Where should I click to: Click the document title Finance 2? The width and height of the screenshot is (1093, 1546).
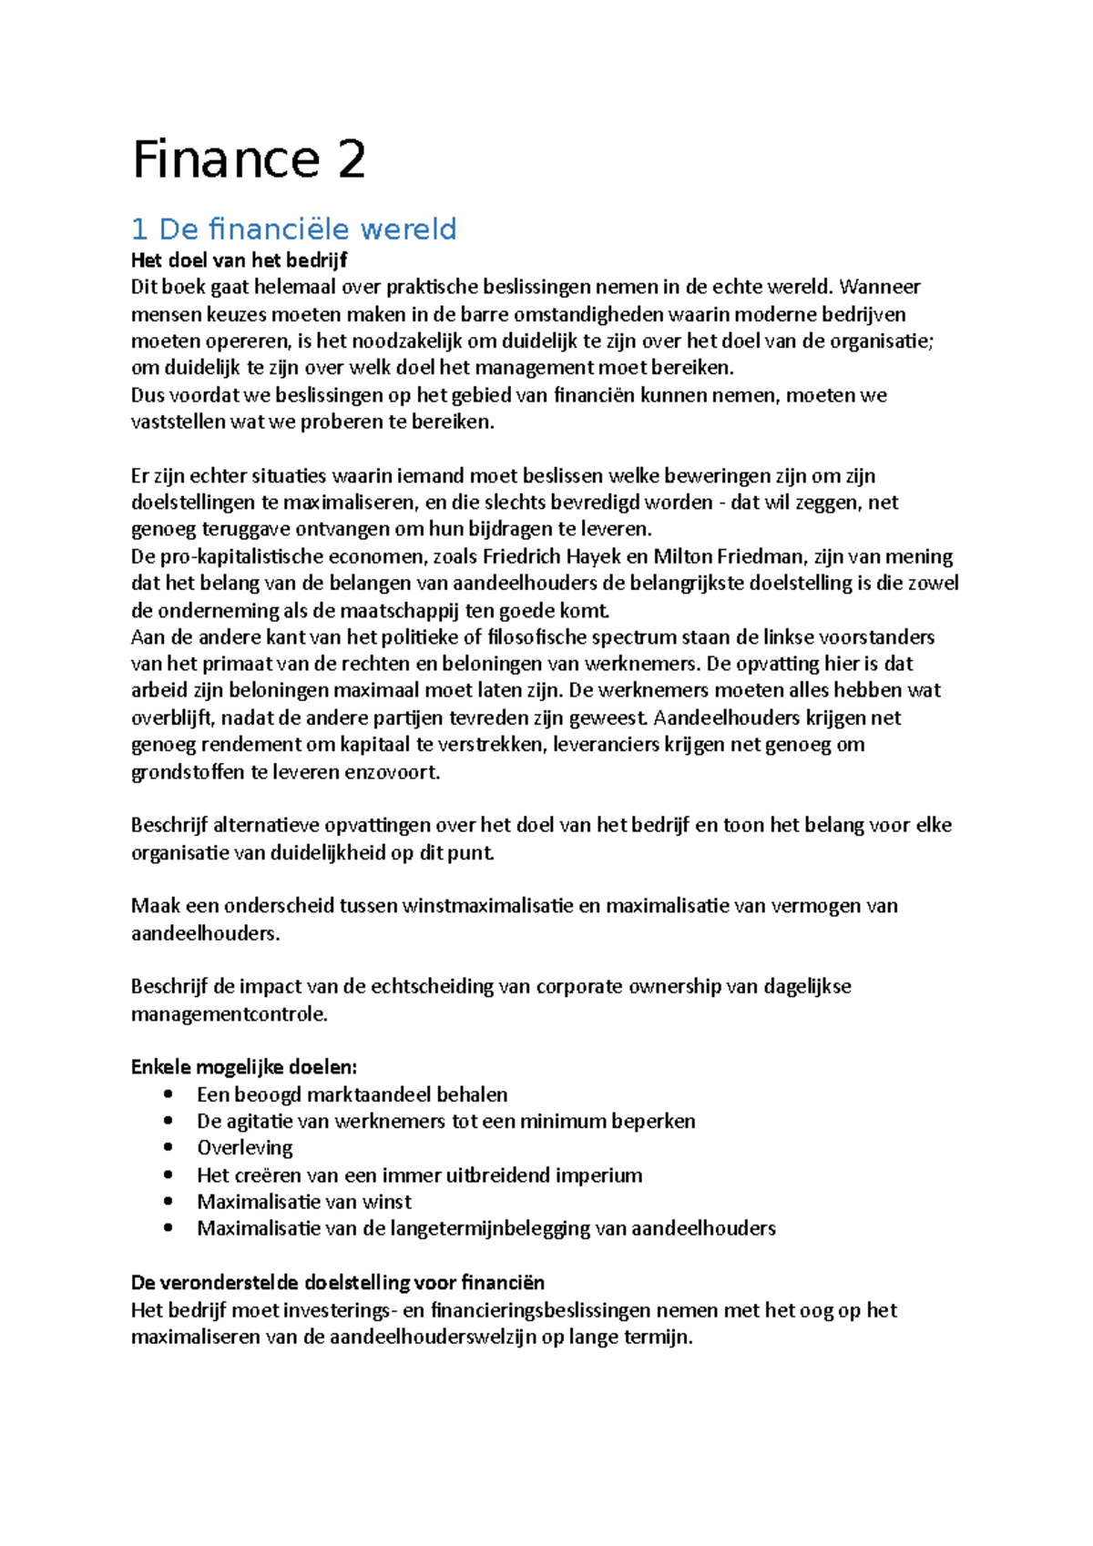(249, 159)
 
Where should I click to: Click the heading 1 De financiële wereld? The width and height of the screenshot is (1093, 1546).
(293, 229)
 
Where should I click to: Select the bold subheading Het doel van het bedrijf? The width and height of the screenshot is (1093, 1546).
(239, 260)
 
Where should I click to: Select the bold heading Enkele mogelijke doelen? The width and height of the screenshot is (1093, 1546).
(244, 1067)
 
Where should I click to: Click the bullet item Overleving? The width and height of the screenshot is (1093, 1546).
(245, 1147)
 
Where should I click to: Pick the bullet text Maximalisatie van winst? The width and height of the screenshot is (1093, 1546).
(304, 1201)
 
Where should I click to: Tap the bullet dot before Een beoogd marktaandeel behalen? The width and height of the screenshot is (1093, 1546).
(167, 1094)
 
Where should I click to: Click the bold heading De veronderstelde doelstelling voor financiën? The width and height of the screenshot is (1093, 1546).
(337, 1282)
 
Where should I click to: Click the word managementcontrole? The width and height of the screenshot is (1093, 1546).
(229, 1013)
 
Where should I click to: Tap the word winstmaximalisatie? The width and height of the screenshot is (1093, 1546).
(487, 906)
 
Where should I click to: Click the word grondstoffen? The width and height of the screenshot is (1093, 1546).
(188, 772)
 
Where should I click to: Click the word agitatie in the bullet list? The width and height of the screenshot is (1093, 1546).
(260, 1121)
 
